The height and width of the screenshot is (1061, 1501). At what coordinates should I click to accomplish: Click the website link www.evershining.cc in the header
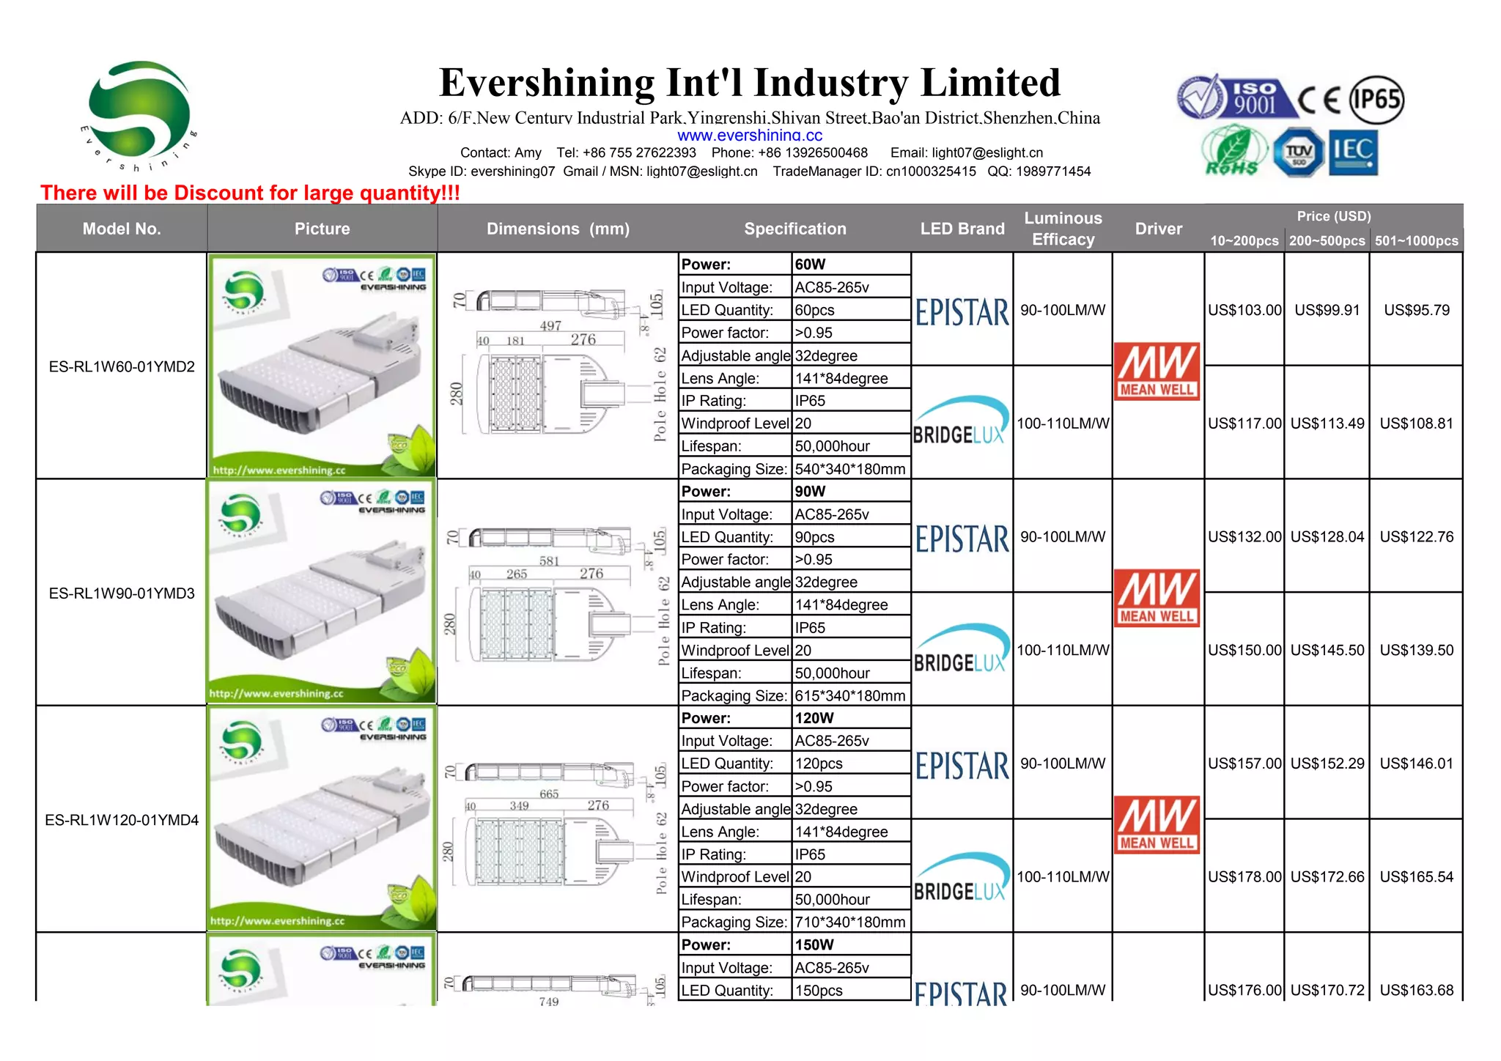pyautogui.click(x=749, y=136)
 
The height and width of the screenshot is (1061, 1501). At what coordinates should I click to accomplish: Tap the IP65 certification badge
pyautogui.click(x=1376, y=100)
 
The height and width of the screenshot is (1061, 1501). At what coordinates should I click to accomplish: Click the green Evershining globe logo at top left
pyautogui.click(x=139, y=111)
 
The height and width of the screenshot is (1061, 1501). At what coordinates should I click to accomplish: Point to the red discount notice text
pyautogui.click(x=250, y=193)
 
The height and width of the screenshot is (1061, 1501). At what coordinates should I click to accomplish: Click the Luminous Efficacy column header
pyautogui.click(x=1063, y=229)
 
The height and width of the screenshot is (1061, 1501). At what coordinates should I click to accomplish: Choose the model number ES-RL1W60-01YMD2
pyautogui.click(x=122, y=366)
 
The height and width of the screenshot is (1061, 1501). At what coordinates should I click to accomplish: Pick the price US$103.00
pyautogui.click(x=1244, y=310)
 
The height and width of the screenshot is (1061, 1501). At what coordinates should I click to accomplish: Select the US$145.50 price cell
pyautogui.click(x=1327, y=650)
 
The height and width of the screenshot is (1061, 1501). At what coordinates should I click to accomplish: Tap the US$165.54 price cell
pyautogui.click(x=1416, y=876)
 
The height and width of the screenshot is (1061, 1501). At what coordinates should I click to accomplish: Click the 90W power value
pyautogui.click(x=810, y=491)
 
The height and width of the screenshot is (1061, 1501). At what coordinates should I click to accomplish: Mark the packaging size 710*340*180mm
pyautogui.click(x=849, y=922)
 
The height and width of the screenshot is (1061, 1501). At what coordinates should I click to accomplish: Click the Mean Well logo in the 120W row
pyautogui.click(x=1157, y=824)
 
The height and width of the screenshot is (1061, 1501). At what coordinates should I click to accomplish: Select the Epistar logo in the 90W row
pyautogui.click(x=962, y=539)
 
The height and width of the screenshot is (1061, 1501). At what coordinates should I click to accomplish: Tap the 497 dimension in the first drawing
pyautogui.click(x=550, y=326)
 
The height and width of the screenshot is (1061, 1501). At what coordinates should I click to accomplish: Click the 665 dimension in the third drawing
pyautogui.click(x=549, y=794)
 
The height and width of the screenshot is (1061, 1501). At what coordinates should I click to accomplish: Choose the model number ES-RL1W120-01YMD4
pyautogui.click(x=122, y=820)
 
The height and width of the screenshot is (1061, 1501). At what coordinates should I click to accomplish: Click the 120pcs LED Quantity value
pyautogui.click(x=819, y=764)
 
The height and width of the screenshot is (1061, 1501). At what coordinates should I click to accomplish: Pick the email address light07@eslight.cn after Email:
pyautogui.click(x=986, y=152)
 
